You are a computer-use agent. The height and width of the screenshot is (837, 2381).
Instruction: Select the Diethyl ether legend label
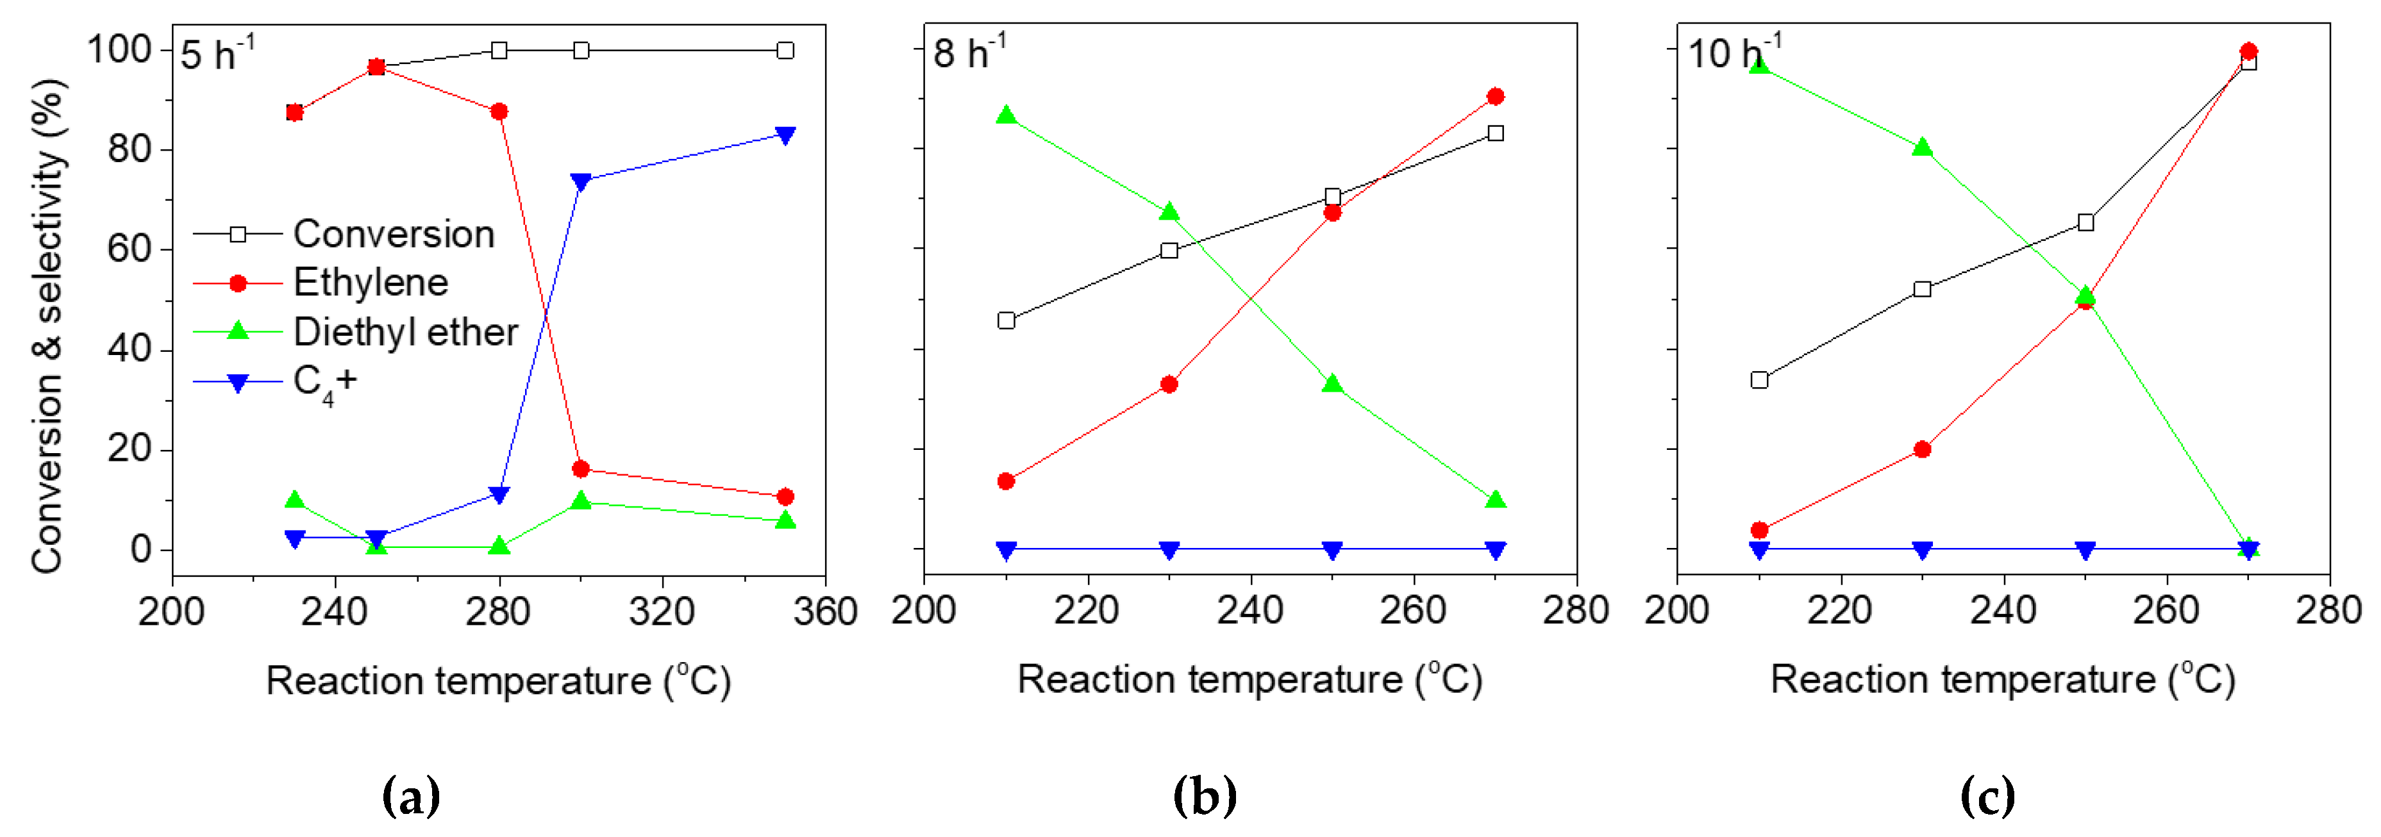(405, 331)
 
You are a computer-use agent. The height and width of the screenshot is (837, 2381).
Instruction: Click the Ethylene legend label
(371, 283)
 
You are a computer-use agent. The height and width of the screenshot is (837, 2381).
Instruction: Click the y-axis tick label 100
(119, 50)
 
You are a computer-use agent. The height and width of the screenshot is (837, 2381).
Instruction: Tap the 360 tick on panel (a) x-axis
(824, 611)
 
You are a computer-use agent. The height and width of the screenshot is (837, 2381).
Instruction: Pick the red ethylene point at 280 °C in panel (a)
(499, 112)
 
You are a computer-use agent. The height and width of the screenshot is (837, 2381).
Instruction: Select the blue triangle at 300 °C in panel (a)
(580, 182)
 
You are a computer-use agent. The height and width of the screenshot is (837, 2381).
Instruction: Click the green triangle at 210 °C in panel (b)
(1007, 115)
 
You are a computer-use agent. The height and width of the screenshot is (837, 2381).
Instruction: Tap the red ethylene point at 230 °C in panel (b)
(1169, 385)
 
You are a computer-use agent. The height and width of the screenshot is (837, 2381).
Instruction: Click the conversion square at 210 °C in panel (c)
(1759, 379)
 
